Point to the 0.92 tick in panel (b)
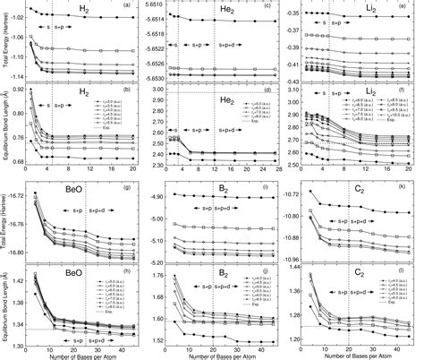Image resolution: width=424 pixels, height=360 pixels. (15, 88)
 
